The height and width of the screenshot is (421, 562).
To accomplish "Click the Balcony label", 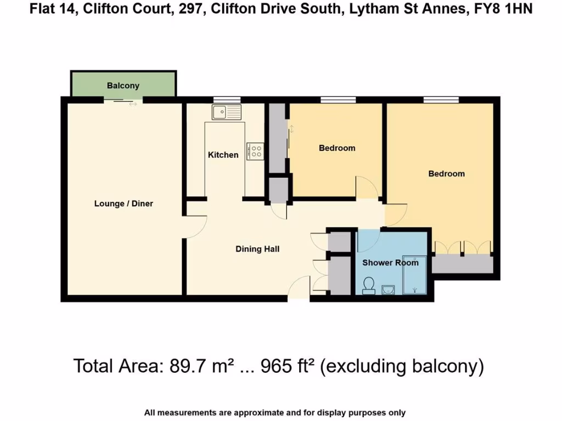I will (123, 86).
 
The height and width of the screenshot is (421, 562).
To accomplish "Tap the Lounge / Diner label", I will (123, 203).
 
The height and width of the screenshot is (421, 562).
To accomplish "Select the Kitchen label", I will (223, 155).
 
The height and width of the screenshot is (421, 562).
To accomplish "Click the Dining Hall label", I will (257, 249).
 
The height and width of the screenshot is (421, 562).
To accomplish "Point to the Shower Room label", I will (390, 263).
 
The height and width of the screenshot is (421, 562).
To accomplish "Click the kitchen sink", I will (226, 112).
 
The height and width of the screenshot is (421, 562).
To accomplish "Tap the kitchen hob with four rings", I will (256, 151).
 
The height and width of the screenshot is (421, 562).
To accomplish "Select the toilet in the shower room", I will (369, 285).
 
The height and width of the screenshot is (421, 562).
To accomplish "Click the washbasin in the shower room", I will (388, 289).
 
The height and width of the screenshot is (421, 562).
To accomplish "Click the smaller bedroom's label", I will (337, 148).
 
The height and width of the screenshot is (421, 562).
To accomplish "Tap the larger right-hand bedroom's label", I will (446, 174).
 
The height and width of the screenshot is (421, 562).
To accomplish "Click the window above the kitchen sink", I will (227, 99).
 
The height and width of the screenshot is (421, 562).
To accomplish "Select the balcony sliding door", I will (123, 100).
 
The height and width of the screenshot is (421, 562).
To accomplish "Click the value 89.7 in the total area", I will (179, 366).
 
